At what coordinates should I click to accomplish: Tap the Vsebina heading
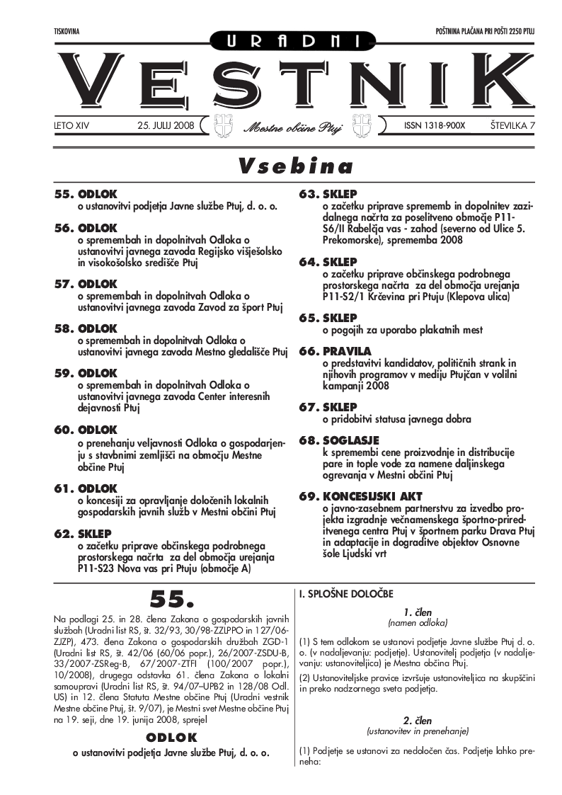(295, 166)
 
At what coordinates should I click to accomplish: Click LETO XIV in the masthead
(73, 125)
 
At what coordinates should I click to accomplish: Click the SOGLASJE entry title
(351, 440)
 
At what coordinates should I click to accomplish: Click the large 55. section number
(171, 600)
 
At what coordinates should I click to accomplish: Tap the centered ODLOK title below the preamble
(171, 738)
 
